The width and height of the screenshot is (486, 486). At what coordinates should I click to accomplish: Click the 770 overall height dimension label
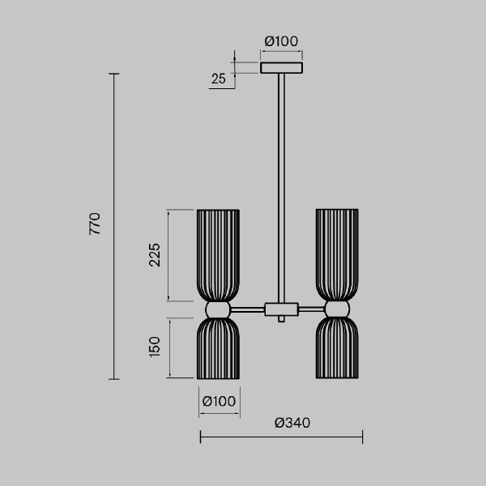click(95, 224)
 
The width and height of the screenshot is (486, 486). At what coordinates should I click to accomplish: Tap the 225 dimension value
click(155, 255)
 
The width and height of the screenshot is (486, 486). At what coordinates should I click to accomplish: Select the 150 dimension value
click(155, 347)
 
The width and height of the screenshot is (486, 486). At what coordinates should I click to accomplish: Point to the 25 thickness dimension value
click(219, 79)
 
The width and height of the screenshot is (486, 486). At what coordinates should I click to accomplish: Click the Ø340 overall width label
click(292, 423)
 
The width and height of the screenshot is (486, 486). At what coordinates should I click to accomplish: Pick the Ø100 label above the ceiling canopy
click(281, 41)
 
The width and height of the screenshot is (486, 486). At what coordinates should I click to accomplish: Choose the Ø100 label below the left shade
click(219, 402)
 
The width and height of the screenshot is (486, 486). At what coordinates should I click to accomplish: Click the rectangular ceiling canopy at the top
click(281, 68)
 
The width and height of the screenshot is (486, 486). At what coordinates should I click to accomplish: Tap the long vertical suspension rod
click(281, 188)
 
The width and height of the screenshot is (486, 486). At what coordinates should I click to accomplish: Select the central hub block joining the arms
click(281, 309)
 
